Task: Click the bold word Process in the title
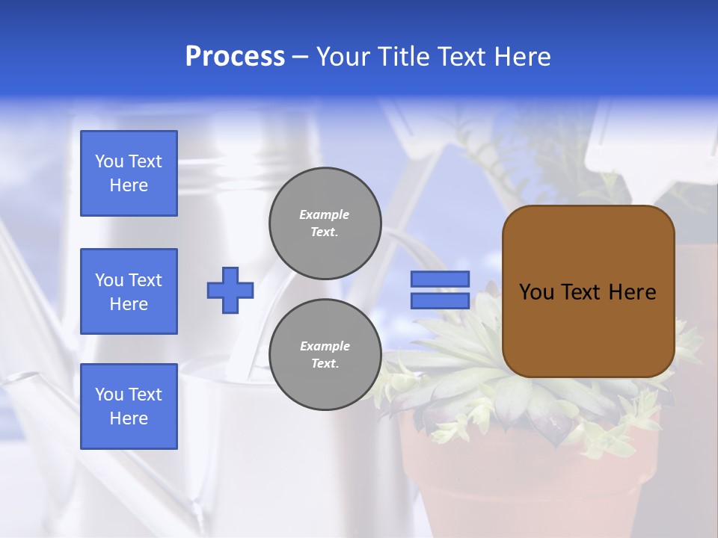(235, 57)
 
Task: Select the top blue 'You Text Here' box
(129, 173)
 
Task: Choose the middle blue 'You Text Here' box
(129, 291)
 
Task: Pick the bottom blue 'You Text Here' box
(129, 406)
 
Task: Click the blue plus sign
(230, 290)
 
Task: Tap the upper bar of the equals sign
(440, 279)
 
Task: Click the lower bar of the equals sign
(440, 300)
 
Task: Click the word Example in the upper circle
(325, 214)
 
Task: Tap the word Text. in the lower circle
(325, 364)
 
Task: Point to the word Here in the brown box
(632, 292)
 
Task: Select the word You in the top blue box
(109, 161)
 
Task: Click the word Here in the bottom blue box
(129, 418)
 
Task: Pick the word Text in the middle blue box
(145, 280)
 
